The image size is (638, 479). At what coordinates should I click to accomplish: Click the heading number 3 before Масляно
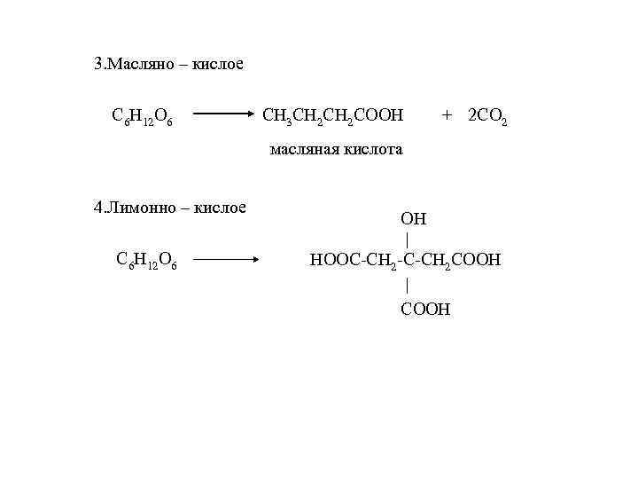click(x=98, y=65)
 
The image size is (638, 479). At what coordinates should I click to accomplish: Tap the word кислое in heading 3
click(x=218, y=65)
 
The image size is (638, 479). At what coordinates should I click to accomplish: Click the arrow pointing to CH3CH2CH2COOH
click(x=223, y=114)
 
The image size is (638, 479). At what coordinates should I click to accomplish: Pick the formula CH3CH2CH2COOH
click(x=334, y=115)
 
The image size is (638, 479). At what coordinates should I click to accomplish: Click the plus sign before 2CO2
click(x=447, y=114)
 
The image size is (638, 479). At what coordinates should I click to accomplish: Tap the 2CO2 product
click(x=486, y=116)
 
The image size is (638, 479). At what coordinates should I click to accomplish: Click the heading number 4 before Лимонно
click(x=98, y=208)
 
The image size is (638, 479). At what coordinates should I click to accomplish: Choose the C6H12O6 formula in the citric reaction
click(x=146, y=261)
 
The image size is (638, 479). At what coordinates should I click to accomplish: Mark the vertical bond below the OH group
click(x=407, y=239)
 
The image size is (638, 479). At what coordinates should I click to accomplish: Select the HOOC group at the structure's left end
click(x=332, y=260)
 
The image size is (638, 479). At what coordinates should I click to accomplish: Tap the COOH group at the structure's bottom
click(x=425, y=309)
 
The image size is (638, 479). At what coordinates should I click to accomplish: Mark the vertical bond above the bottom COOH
click(x=407, y=285)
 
